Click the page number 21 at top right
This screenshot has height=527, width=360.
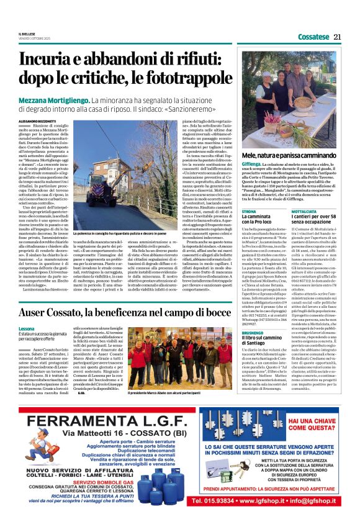338,37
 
